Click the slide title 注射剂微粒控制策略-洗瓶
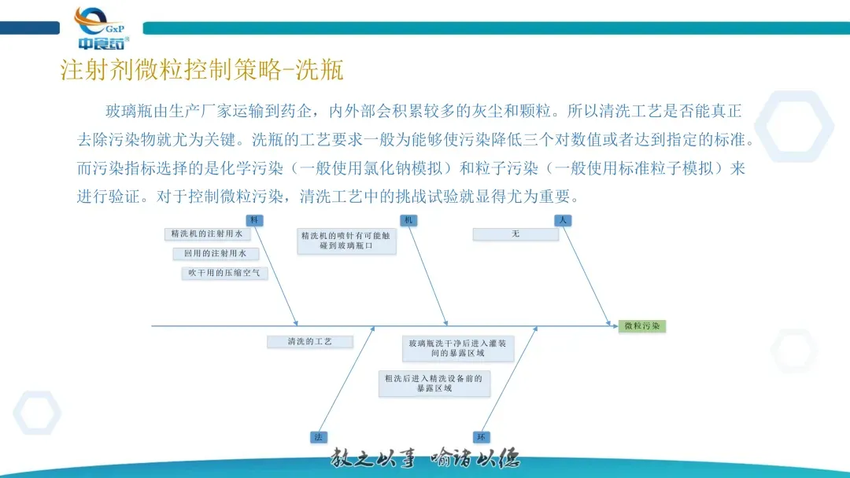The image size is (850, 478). (x=202, y=70)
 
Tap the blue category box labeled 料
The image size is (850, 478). (x=254, y=220)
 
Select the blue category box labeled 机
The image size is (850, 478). (x=408, y=220)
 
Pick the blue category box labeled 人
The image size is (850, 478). (x=562, y=220)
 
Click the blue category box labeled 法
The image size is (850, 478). (x=318, y=436)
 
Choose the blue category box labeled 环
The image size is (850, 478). (x=481, y=436)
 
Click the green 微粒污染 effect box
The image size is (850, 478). (x=641, y=325)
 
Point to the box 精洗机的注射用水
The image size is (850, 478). (x=207, y=234)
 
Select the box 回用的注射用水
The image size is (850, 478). (x=216, y=253)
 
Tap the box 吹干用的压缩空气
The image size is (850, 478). (x=225, y=273)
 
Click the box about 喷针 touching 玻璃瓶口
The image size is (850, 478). (x=347, y=241)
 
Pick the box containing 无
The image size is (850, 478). (x=516, y=234)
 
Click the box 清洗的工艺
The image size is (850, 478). (x=309, y=342)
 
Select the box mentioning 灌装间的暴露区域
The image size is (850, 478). (x=458, y=348)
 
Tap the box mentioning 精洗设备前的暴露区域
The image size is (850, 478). (x=434, y=383)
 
